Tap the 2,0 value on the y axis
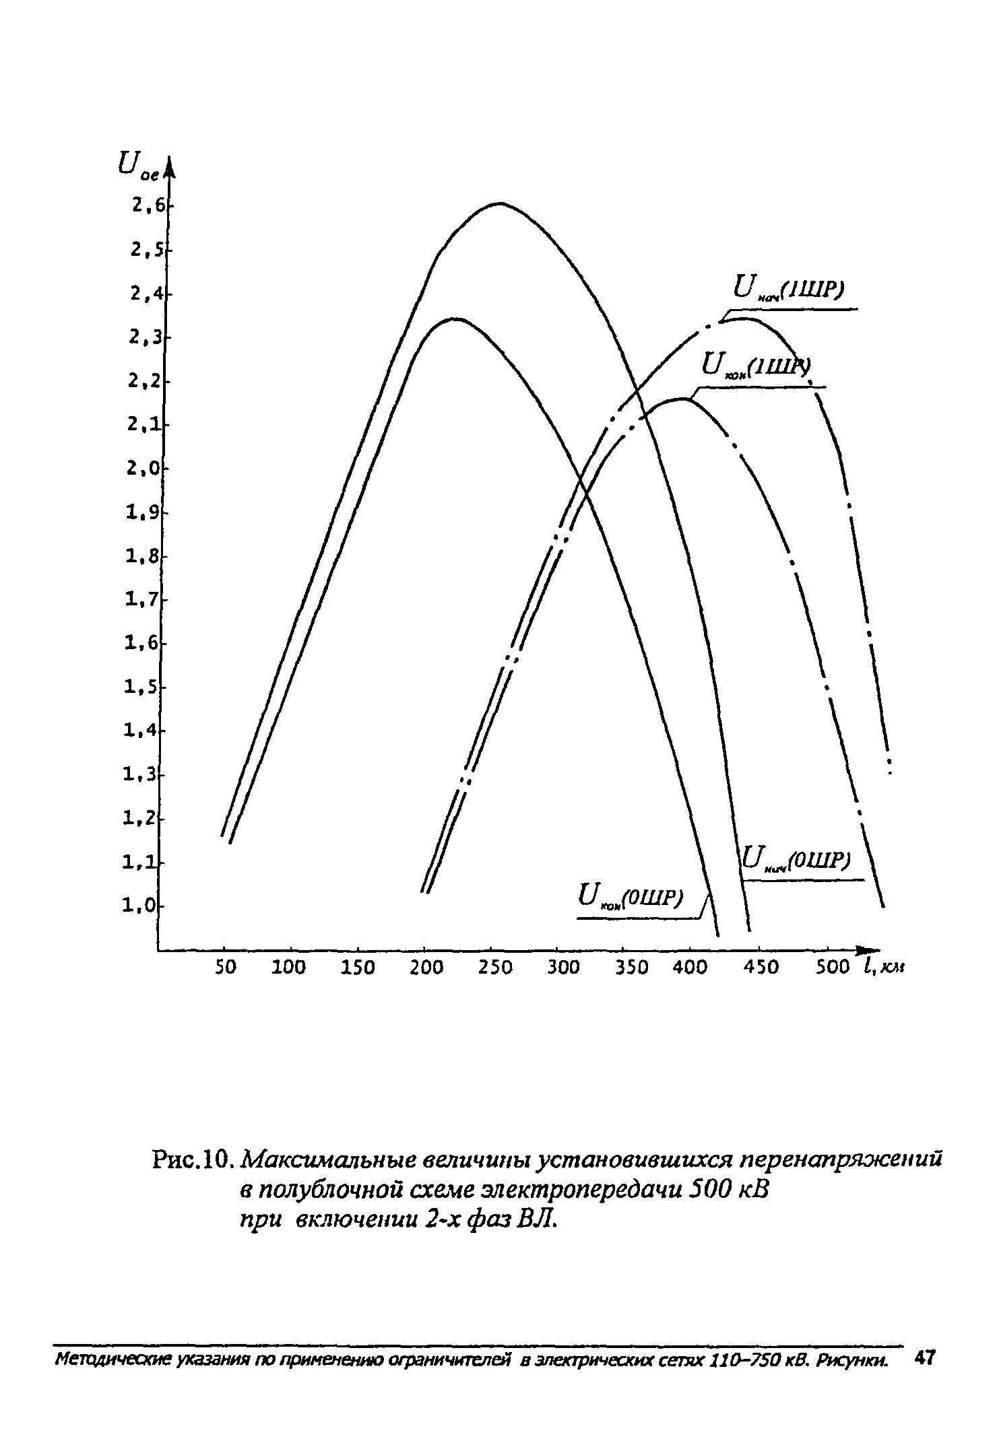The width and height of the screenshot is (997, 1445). tap(143, 468)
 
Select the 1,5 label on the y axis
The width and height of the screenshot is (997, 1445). tap(140, 687)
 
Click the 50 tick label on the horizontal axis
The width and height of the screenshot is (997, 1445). tap(226, 968)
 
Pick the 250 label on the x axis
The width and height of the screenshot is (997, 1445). tap(495, 968)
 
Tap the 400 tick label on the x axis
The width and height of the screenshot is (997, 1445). tap(689, 968)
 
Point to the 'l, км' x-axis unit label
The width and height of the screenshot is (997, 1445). tap(884, 967)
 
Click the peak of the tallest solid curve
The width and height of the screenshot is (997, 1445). tap(500, 203)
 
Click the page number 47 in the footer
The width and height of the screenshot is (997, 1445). tap(922, 1356)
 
